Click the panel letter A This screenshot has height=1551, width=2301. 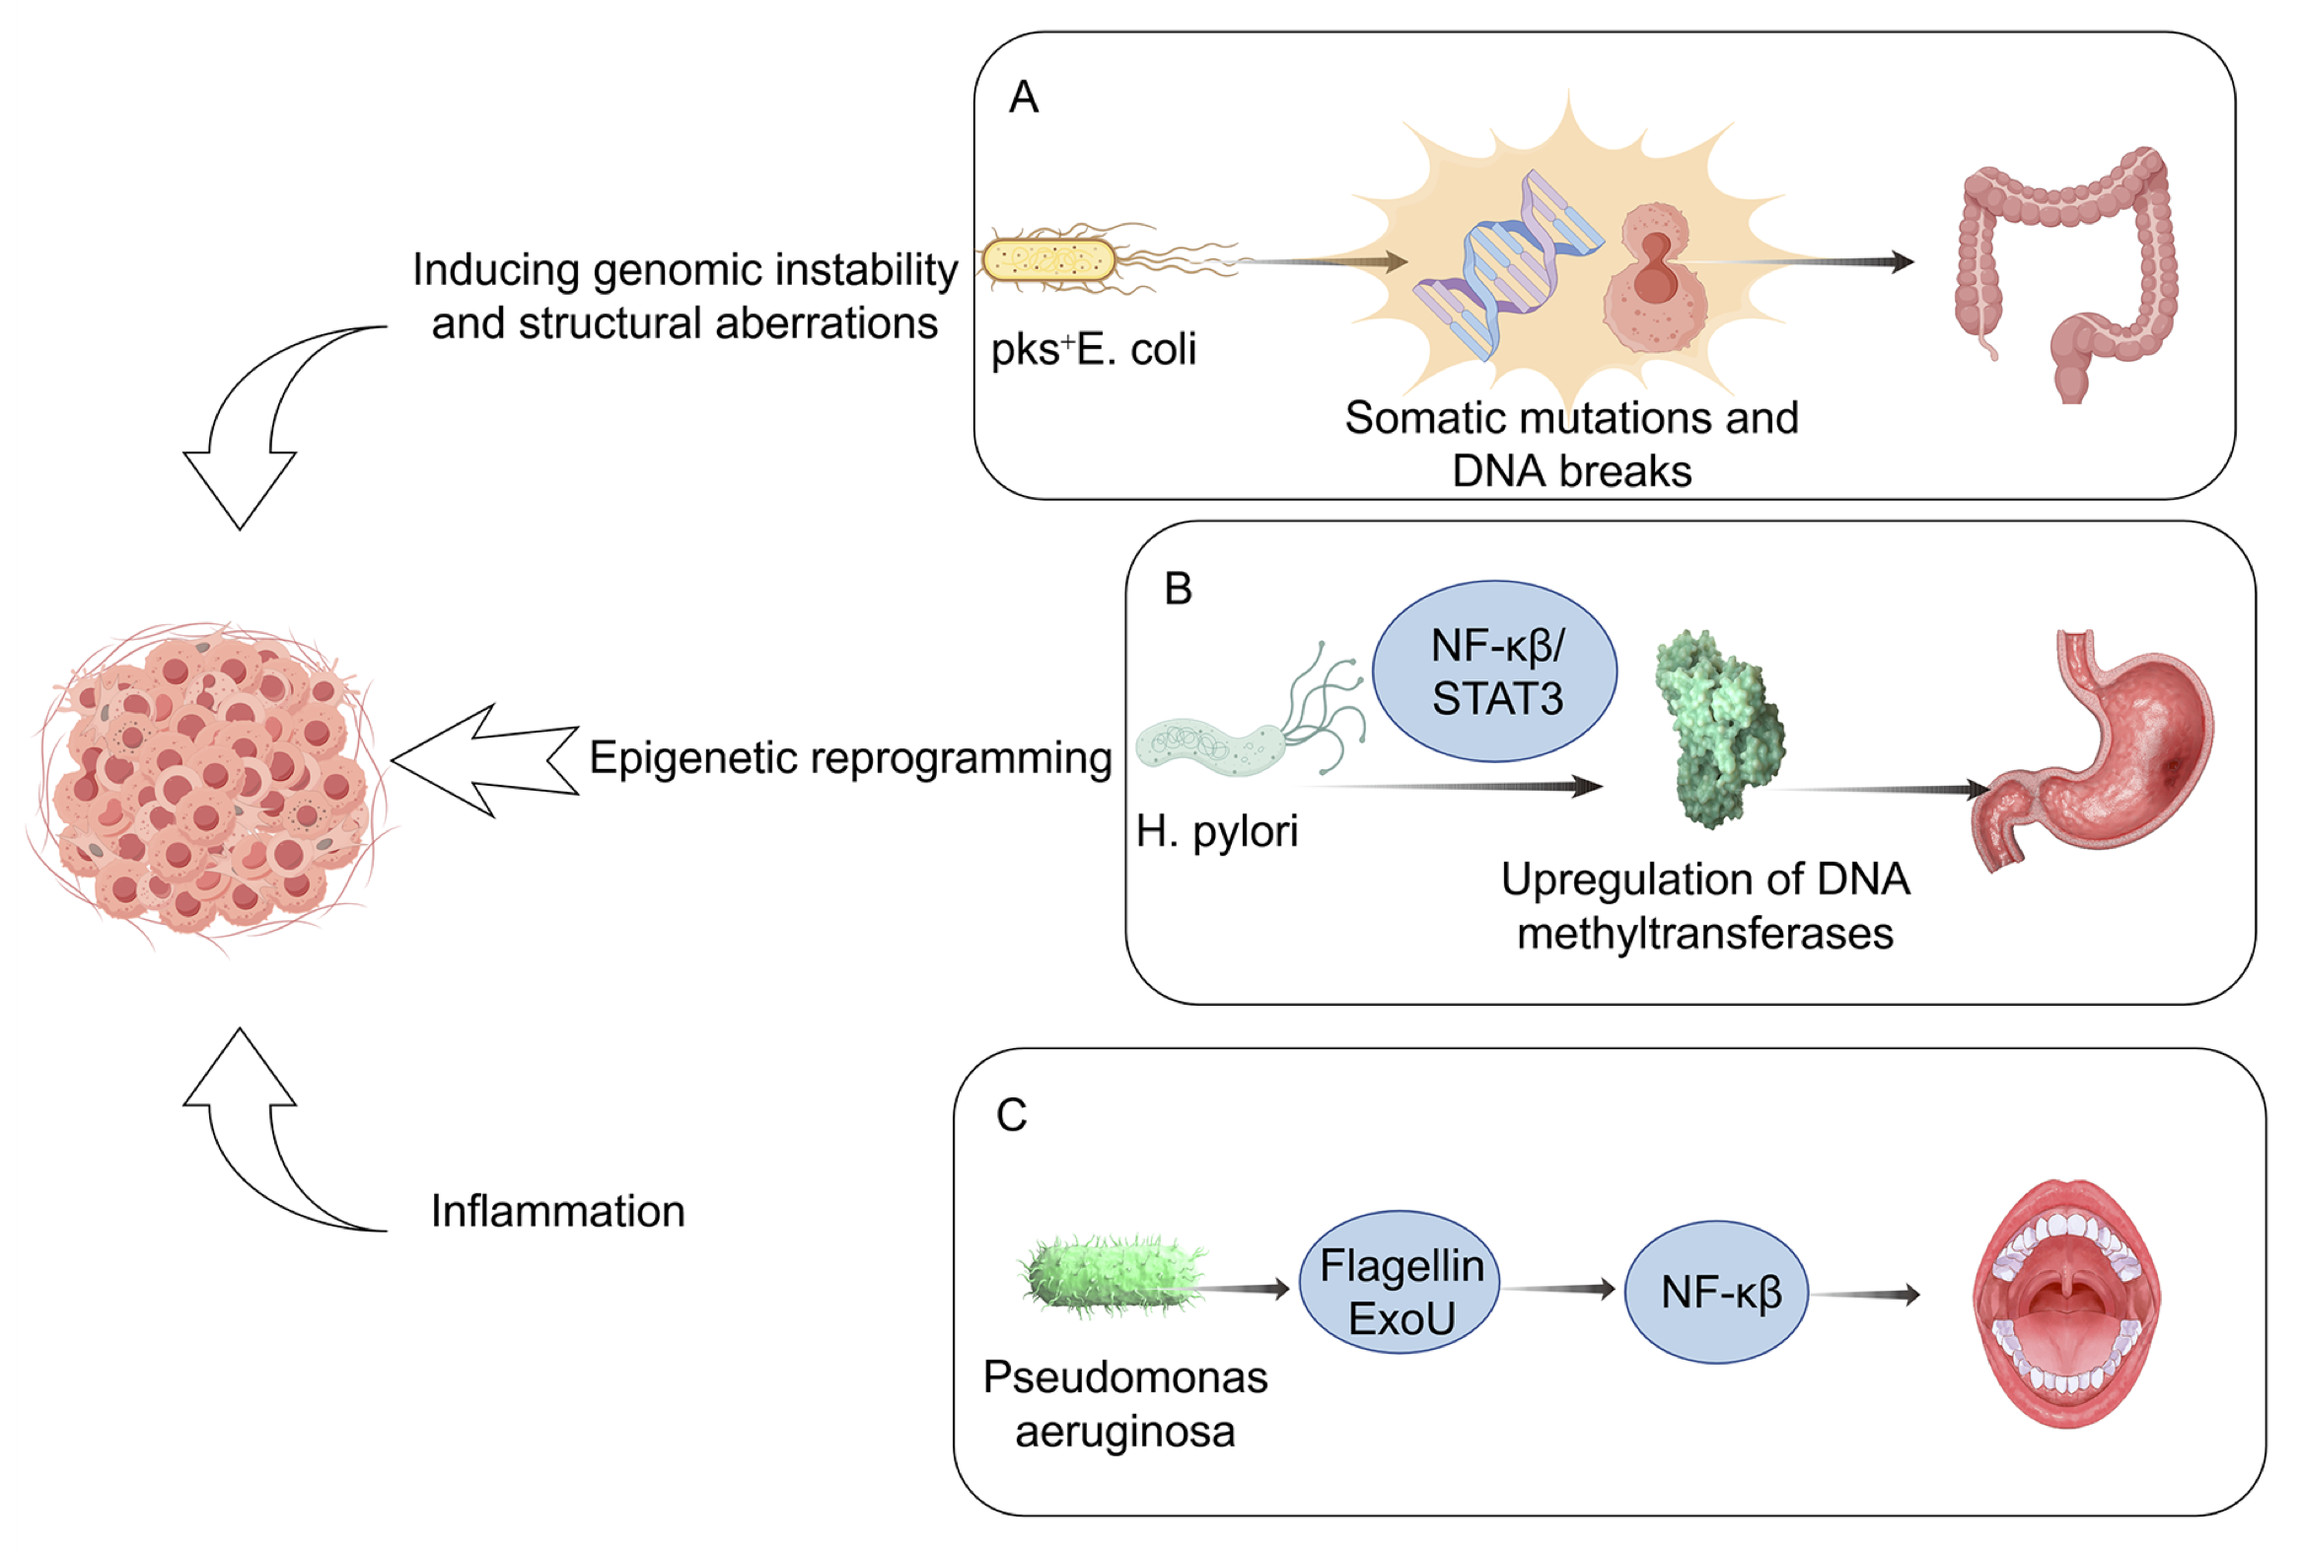pyautogui.click(x=1023, y=98)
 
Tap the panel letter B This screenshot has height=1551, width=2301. pyautogui.click(x=1178, y=590)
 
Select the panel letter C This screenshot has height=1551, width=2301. pyautogui.click(x=1011, y=1116)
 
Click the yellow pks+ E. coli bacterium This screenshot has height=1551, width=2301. pyautogui.click(x=1048, y=261)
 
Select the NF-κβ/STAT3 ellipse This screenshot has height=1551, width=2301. pyautogui.click(x=1495, y=672)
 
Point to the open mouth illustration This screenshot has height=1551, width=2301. pyautogui.click(x=2065, y=1304)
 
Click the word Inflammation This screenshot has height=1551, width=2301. pyautogui.click(x=557, y=1212)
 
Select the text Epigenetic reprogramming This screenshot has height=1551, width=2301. pyautogui.click(x=851, y=758)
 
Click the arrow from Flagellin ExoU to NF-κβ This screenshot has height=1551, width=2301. pyautogui.click(x=1560, y=1289)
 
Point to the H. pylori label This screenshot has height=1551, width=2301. pyautogui.click(x=1216, y=832)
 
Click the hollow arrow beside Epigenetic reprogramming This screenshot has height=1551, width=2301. pyautogui.click(x=484, y=759)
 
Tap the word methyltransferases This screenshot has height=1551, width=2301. pyautogui.click(x=1704, y=934)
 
